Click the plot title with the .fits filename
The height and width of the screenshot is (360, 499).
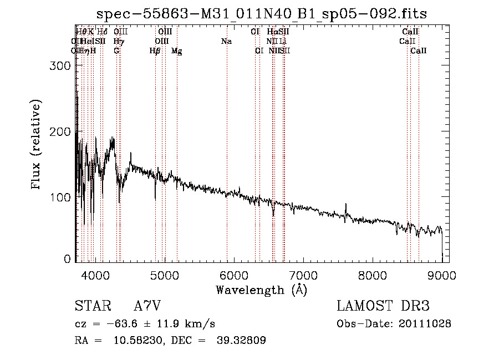(x=261, y=14)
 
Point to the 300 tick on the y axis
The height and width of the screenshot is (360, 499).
(x=60, y=65)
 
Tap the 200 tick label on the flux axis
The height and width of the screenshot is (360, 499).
(x=60, y=131)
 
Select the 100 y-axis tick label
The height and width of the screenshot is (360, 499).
(x=60, y=197)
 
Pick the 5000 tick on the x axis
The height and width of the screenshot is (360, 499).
(x=165, y=275)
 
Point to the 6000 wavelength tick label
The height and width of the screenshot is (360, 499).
(x=234, y=275)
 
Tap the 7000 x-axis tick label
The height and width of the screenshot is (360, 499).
(x=303, y=275)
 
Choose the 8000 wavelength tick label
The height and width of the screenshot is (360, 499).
(x=373, y=275)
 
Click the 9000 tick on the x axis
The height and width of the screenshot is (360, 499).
(x=442, y=275)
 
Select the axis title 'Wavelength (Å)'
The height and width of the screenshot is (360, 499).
(x=261, y=290)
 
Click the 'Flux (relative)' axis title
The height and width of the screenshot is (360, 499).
(x=37, y=146)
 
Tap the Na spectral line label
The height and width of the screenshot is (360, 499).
(x=226, y=41)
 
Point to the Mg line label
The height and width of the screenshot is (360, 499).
(x=177, y=51)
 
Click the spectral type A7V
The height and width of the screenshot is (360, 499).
(x=147, y=306)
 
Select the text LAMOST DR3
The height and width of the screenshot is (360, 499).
(x=383, y=306)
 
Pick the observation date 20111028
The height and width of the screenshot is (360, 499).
(x=426, y=324)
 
